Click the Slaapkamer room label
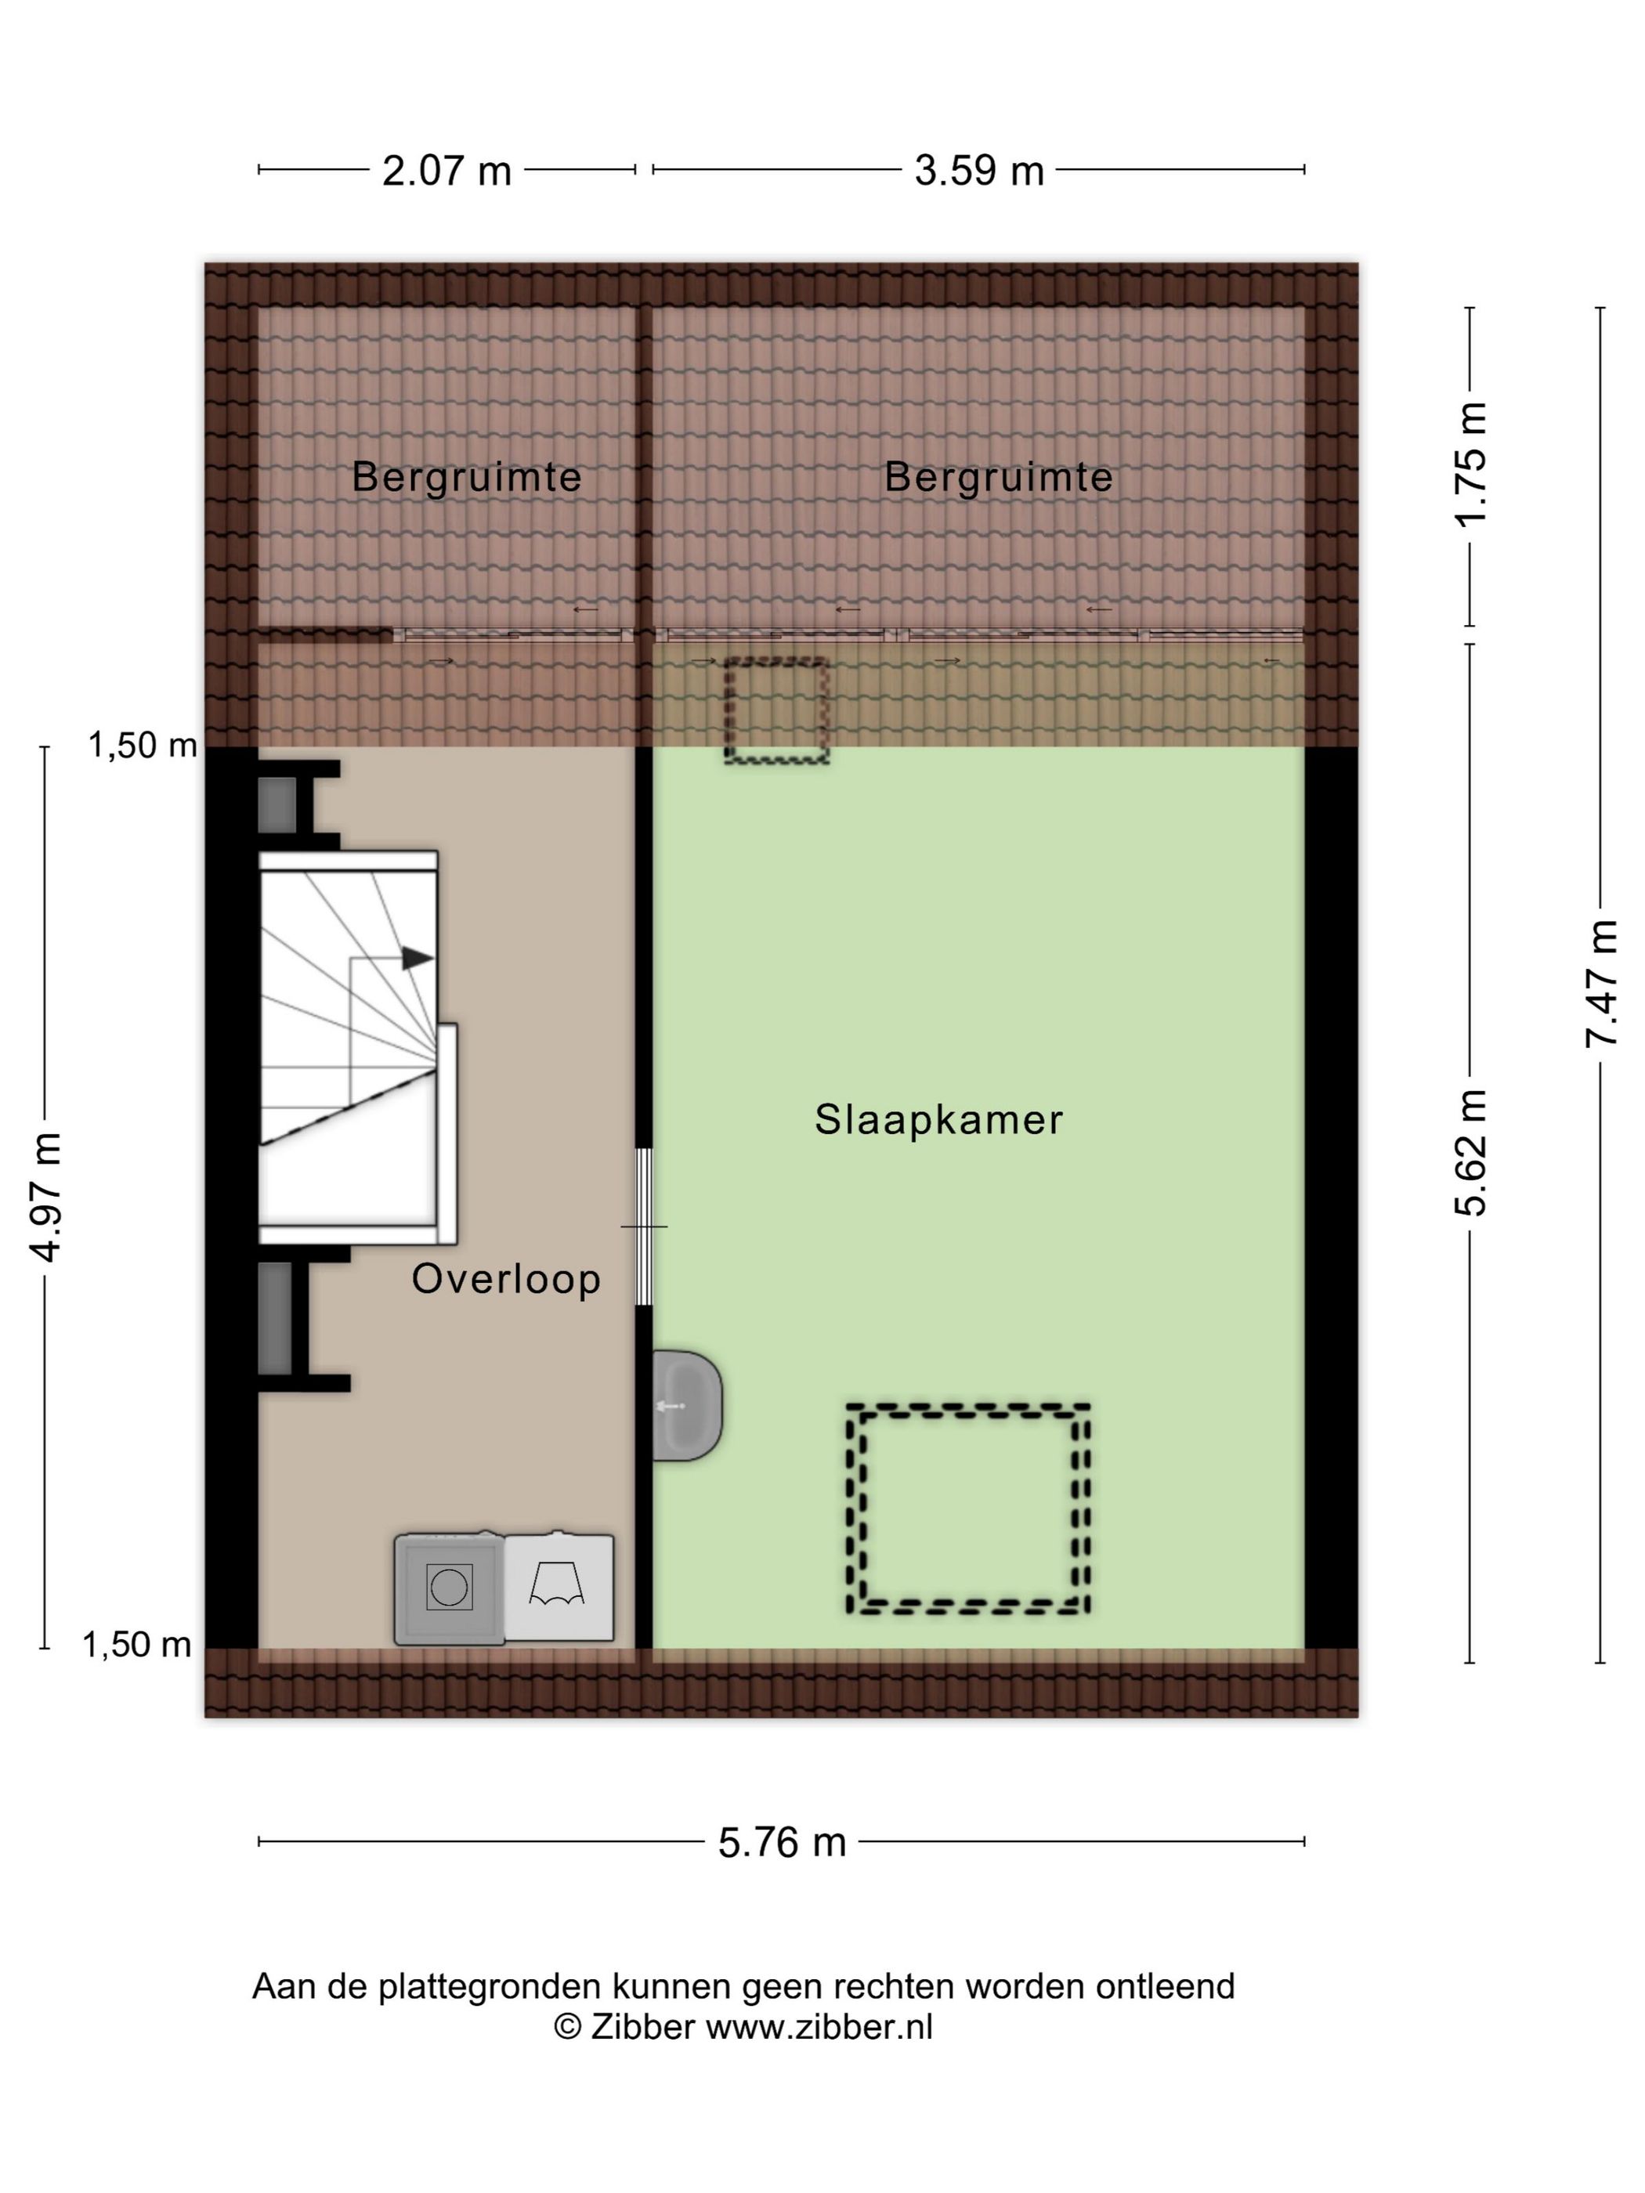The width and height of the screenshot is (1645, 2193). point(938,1120)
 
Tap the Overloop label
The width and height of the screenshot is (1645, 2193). point(506,1279)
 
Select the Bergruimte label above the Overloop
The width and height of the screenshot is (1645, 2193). point(466,478)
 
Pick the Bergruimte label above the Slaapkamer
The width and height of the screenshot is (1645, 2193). point(999,478)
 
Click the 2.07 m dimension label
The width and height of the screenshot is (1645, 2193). point(447,171)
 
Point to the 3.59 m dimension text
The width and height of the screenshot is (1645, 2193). point(978,171)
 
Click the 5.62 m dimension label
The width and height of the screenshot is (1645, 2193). point(1471,1152)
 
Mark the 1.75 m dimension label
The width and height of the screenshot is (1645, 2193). point(1471,463)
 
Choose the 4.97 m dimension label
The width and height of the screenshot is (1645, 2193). point(45,1197)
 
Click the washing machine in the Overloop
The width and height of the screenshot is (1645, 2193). point(449,1588)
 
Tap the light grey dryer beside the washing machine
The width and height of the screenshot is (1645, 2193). point(559,1588)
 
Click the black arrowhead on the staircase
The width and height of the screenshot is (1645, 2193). point(418,958)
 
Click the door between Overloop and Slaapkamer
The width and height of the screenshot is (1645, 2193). point(644,1227)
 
